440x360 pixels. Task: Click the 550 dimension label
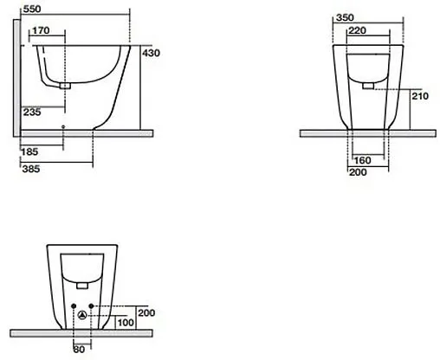click(32, 10)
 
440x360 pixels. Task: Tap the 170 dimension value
click(41, 30)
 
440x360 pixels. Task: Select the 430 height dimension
click(151, 53)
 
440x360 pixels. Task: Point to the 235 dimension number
click(32, 112)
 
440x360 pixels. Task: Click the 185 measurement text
click(29, 151)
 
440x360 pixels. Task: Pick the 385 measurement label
click(31, 169)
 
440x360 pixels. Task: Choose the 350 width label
click(345, 18)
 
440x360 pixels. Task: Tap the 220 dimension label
click(357, 30)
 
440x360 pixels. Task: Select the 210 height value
click(420, 96)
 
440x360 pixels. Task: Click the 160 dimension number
click(362, 160)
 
